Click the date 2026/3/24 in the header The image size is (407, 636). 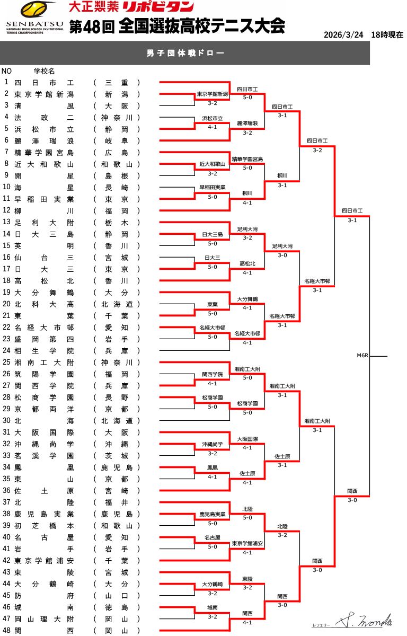point(343,35)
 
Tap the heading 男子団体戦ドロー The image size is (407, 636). point(185,54)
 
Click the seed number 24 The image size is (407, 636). point(7,350)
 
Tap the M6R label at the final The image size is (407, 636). point(362,356)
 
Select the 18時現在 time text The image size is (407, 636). point(387,35)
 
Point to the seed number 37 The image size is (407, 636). point(7,502)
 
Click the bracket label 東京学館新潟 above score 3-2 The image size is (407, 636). point(212,94)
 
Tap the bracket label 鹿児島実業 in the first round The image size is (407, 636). point(212,514)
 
